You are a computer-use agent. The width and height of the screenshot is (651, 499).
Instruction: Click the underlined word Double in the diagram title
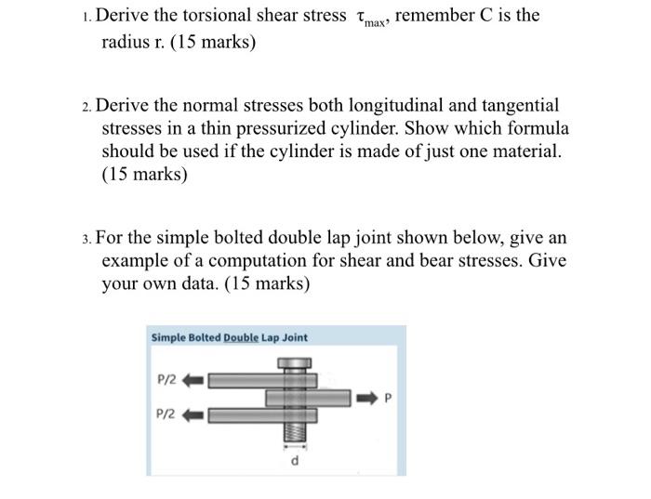tap(241, 337)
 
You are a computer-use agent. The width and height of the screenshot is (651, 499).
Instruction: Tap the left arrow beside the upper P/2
tap(195, 379)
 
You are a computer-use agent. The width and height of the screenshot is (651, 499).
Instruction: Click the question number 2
tap(86, 106)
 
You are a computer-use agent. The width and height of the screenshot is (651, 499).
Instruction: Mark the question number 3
tap(86, 238)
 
